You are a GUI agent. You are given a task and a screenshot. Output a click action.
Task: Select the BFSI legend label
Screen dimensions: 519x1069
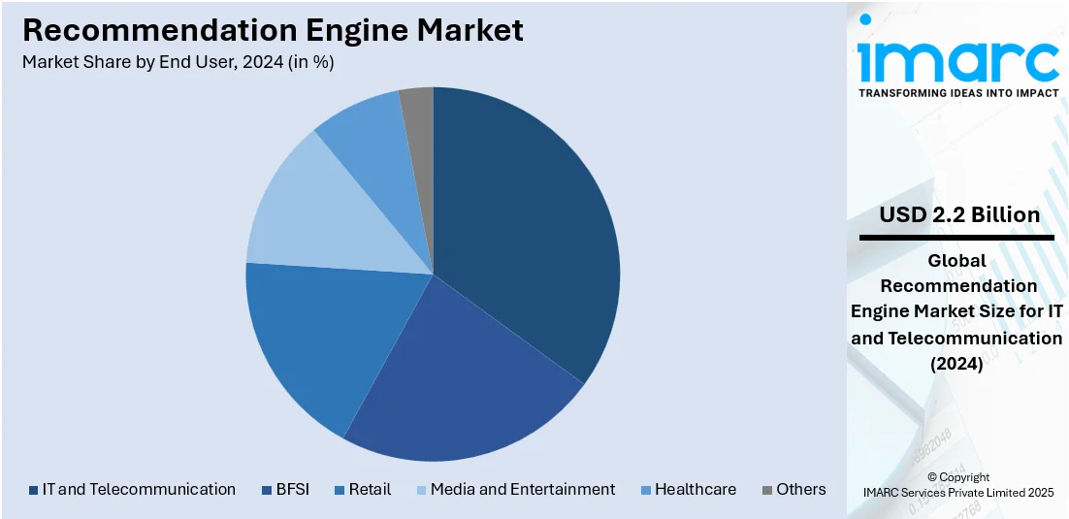(x=292, y=490)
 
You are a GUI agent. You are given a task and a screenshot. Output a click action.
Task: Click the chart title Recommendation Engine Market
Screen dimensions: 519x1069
(x=273, y=30)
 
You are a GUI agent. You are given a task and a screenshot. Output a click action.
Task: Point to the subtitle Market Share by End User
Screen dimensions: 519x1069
(x=178, y=62)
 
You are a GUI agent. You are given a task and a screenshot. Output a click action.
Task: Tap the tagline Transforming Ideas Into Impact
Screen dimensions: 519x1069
(x=958, y=93)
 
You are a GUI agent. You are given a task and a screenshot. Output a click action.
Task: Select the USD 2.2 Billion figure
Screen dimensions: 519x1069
(x=958, y=214)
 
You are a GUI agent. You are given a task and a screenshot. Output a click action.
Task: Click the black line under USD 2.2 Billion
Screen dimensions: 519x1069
(x=956, y=238)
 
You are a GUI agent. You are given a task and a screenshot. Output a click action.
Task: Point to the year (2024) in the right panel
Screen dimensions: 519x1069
(x=956, y=365)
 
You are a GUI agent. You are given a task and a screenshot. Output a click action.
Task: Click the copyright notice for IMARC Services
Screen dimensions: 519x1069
(x=957, y=485)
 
